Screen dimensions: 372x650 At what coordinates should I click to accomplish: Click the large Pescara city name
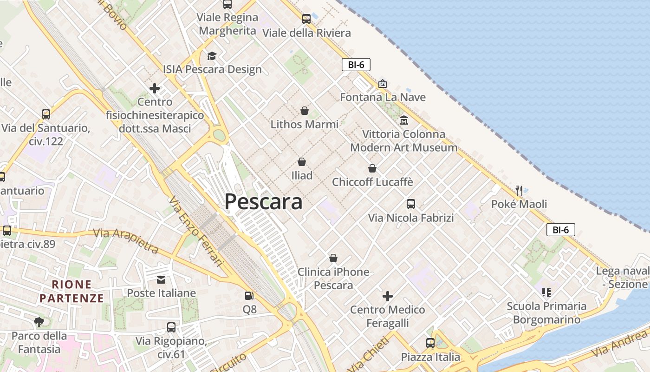263,202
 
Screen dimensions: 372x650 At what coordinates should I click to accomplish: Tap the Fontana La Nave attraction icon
383,84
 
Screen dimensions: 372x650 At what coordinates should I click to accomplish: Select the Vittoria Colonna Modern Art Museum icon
404,120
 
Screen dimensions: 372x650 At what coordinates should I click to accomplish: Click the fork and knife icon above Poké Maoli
519,190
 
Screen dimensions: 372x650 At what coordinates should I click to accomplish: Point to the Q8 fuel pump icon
249,295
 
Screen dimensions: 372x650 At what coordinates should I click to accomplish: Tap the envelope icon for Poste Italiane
161,279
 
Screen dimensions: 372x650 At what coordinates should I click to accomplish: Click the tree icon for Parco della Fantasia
39,322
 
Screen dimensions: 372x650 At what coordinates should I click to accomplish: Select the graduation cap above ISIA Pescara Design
212,56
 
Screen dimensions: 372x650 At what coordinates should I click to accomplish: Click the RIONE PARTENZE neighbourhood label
71,291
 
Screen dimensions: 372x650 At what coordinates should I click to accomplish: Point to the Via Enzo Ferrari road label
196,231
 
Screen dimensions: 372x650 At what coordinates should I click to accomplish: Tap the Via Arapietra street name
126,239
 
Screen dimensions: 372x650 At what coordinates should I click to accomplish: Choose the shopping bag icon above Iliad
302,162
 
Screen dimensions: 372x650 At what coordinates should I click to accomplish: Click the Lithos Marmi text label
304,124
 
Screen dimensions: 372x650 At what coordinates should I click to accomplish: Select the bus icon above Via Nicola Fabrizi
411,204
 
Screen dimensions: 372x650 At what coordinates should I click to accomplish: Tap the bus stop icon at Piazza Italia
430,343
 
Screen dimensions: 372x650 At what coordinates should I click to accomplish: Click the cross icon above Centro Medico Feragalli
388,296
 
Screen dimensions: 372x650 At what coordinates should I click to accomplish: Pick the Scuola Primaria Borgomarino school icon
546,292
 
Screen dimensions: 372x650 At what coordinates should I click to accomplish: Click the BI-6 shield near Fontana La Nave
356,65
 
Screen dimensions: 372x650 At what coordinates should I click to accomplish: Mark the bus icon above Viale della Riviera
306,19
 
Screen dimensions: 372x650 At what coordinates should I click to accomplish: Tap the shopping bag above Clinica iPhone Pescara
333,258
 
